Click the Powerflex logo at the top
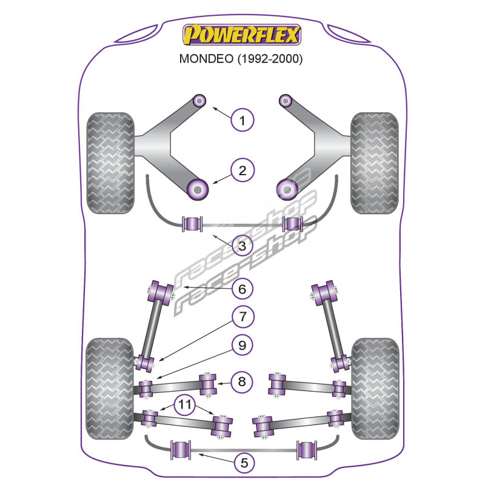242,35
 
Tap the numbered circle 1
242,120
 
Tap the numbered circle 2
242,170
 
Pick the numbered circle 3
242,246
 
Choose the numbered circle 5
242,463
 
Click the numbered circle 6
242,289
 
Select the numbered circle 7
242,316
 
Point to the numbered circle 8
242,381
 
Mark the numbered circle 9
242,346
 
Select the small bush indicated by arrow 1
199,100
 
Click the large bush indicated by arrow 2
198,189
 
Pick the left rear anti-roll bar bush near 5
181,449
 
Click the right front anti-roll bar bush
291,224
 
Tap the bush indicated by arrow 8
209,383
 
